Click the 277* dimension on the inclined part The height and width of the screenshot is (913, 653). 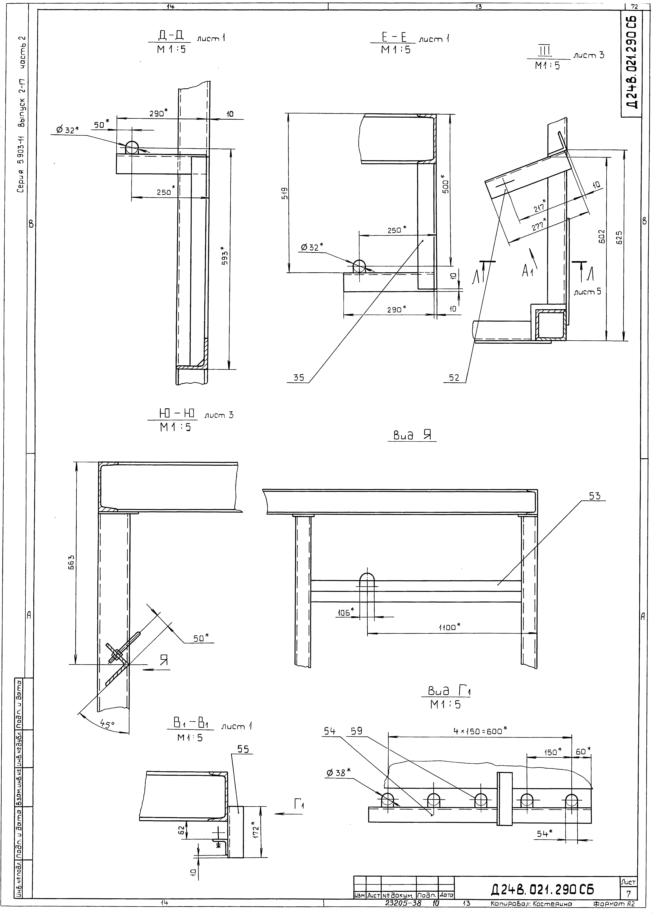(x=539, y=224)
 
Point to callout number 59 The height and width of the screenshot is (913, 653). (x=356, y=731)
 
